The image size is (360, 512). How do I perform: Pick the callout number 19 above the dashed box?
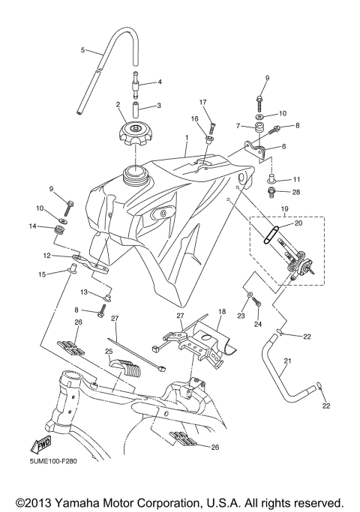pyautogui.click(x=284, y=209)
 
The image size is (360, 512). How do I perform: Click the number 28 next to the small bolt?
pyautogui.click(x=296, y=193)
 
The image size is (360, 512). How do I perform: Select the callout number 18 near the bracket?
pyautogui.click(x=222, y=311)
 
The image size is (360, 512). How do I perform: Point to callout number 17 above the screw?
pyautogui.click(x=202, y=102)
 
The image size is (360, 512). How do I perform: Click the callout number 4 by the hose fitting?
pyautogui.click(x=159, y=81)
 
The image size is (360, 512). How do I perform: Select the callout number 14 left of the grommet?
pyautogui.click(x=32, y=226)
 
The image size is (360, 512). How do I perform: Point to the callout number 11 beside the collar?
pyautogui.click(x=296, y=179)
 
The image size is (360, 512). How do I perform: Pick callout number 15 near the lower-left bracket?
pyautogui.click(x=42, y=274)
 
